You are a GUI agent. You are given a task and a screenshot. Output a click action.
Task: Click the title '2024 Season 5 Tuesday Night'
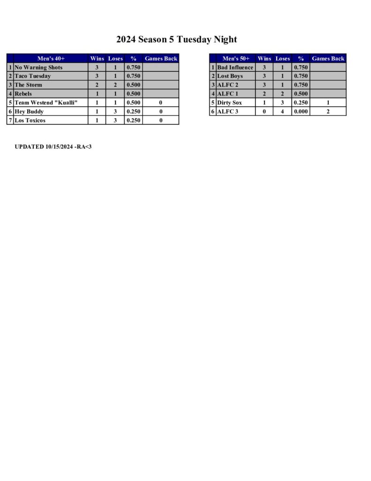(176, 39)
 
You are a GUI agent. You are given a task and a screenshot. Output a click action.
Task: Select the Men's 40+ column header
(51, 59)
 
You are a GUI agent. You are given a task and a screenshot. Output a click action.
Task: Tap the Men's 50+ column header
(235, 59)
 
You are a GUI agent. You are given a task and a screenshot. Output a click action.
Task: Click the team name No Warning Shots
(38, 68)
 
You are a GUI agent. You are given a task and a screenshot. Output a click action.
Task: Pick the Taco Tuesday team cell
(33, 76)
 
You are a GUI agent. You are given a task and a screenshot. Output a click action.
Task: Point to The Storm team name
(29, 85)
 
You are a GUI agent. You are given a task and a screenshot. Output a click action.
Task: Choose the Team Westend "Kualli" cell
(46, 102)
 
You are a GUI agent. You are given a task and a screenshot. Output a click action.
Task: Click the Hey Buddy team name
(29, 111)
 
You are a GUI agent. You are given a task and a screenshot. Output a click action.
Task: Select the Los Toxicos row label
(30, 120)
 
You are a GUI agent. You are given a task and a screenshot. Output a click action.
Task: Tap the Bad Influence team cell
(235, 68)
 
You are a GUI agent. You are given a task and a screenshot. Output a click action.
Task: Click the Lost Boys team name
(230, 76)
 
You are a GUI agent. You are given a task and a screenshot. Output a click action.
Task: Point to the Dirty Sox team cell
(229, 102)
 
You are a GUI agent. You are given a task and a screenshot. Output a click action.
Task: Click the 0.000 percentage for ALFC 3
(301, 111)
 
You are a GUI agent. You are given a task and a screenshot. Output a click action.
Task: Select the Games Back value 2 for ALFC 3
(328, 111)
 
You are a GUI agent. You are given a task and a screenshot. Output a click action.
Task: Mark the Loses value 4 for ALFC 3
(282, 111)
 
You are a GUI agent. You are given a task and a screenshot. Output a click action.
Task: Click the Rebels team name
(23, 94)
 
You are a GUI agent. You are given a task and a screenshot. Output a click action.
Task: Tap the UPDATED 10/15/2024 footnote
(53, 147)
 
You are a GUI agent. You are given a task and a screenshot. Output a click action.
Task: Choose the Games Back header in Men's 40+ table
(161, 59)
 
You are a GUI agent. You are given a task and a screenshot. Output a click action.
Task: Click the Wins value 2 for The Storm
(97, 85)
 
